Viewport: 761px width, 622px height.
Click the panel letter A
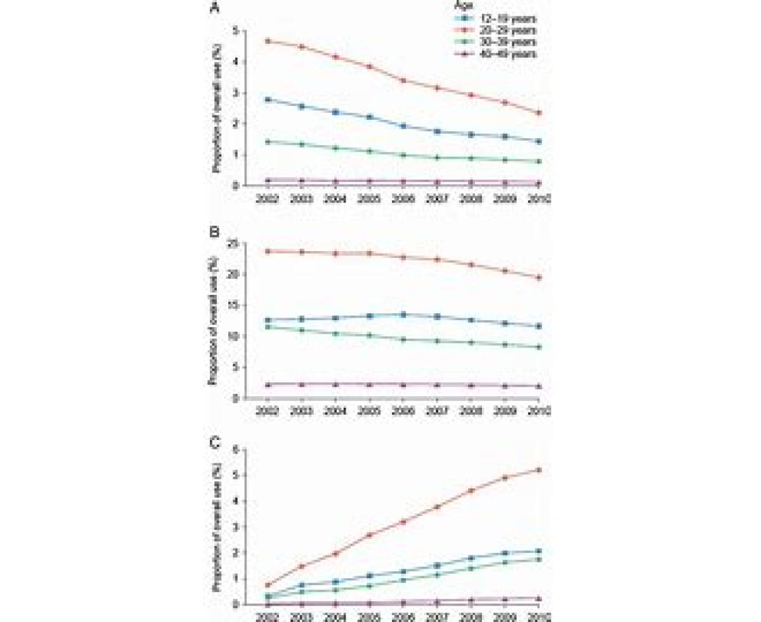click(216, 10)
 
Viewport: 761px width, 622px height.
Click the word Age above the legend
click(496, 6)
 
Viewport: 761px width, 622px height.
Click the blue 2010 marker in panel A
click(538, 141)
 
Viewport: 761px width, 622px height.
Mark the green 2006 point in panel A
click(403, 155)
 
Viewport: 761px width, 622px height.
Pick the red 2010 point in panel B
click(538, 277)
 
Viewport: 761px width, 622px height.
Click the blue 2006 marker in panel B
click(403, 314)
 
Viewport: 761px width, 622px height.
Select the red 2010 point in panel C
click(538, 470)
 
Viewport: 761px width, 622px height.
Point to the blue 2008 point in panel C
click(471, 558)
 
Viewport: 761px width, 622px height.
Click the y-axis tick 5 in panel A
click(235, 30)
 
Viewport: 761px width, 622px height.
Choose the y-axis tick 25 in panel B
click(233, 243)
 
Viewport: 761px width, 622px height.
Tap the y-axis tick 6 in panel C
click(235, 449)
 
